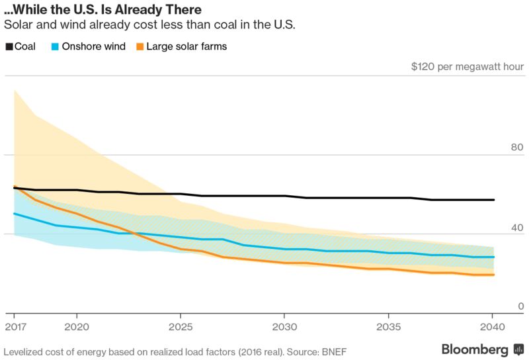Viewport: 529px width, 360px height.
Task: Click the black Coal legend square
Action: point(9,47)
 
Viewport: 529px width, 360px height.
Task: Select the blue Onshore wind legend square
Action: point(55,47)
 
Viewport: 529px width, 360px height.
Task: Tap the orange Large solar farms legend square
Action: point(140,47)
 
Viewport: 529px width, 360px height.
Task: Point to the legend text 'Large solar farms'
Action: point(186,47)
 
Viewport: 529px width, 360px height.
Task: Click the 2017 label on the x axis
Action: point(14,327)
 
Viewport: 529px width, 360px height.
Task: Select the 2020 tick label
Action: point(77,327)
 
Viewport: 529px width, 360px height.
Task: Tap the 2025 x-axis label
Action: point(181,327)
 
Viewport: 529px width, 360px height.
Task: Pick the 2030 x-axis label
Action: point(284,327)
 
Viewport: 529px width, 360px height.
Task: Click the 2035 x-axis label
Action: point(387,327)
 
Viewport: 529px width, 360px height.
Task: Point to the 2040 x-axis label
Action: point(491,327)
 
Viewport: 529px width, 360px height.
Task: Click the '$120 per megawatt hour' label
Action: point(468,67)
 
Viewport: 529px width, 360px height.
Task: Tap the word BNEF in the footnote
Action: point(334,351)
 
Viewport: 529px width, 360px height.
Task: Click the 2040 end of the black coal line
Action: point(493,200)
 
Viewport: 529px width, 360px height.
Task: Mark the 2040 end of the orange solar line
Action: point(493,275)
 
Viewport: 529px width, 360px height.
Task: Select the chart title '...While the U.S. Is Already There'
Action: point(103,11)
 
